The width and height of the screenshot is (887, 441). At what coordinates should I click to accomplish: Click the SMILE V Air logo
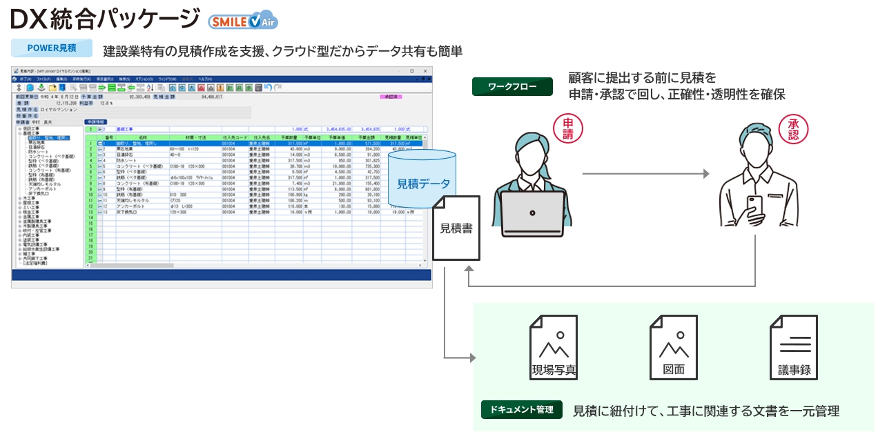243,21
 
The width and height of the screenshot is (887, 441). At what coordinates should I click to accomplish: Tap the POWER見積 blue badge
52,48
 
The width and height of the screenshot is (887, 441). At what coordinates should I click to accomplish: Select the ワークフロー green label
512,86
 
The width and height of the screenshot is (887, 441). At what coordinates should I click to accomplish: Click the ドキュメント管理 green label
522,409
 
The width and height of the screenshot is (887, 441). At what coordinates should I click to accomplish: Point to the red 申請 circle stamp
567,128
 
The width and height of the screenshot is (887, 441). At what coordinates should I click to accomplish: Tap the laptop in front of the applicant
532,215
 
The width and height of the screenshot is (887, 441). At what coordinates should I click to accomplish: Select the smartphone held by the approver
755,206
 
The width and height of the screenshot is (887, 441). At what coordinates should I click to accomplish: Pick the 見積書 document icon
456,228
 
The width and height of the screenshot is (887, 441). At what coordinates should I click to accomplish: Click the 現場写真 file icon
553,348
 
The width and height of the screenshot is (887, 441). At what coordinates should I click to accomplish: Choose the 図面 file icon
673,348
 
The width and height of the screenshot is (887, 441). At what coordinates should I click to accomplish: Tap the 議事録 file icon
794,348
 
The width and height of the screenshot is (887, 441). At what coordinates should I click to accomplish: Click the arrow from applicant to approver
645,174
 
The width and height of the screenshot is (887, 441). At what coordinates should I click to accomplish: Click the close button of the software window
425,71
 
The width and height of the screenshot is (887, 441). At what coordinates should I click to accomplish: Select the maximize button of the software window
412,71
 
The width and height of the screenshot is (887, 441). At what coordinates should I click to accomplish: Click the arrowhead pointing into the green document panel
472,358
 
